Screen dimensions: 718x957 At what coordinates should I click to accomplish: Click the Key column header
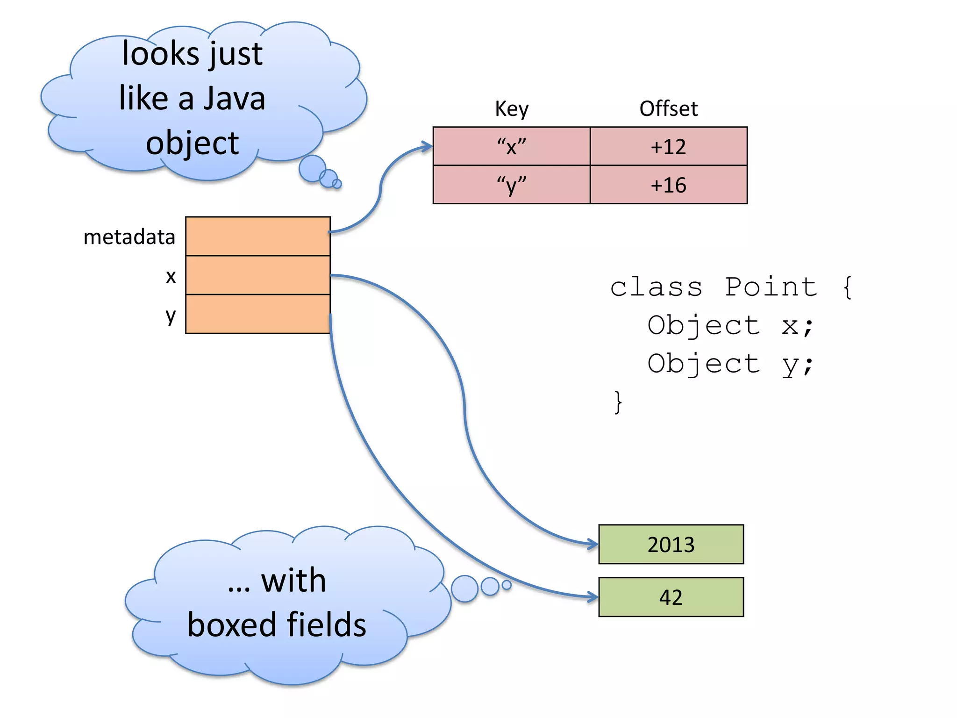tap(512, 109)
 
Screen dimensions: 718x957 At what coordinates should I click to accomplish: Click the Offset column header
tap(668, 109)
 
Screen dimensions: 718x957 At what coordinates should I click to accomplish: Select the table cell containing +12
tap(668, 147)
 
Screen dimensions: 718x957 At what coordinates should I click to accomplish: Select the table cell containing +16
tap(668, 185)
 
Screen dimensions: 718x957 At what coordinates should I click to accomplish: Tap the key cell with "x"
tap(512, 147)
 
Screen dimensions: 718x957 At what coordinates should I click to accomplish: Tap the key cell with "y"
tap(512, 185)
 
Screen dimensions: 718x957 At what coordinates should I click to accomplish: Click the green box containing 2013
tap(671, 545)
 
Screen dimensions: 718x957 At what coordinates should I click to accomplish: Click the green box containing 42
tap(671, 597)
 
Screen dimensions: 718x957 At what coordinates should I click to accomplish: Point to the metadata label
tap(129, 237)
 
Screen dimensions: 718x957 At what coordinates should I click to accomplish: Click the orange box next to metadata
tap(258, 237)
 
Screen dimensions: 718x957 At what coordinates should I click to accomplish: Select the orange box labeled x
tap(258, 275)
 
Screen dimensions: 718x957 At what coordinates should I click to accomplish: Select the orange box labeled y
tap(258, 314)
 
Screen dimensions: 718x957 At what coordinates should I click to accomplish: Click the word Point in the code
tap(771, 287)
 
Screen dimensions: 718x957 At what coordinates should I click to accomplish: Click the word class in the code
tap(656, 287)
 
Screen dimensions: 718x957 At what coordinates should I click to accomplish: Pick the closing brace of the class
tap(618, 402)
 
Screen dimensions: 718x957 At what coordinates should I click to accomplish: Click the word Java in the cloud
tap(235, 99)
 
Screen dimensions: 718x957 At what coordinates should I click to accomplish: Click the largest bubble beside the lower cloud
tap(464, 589)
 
